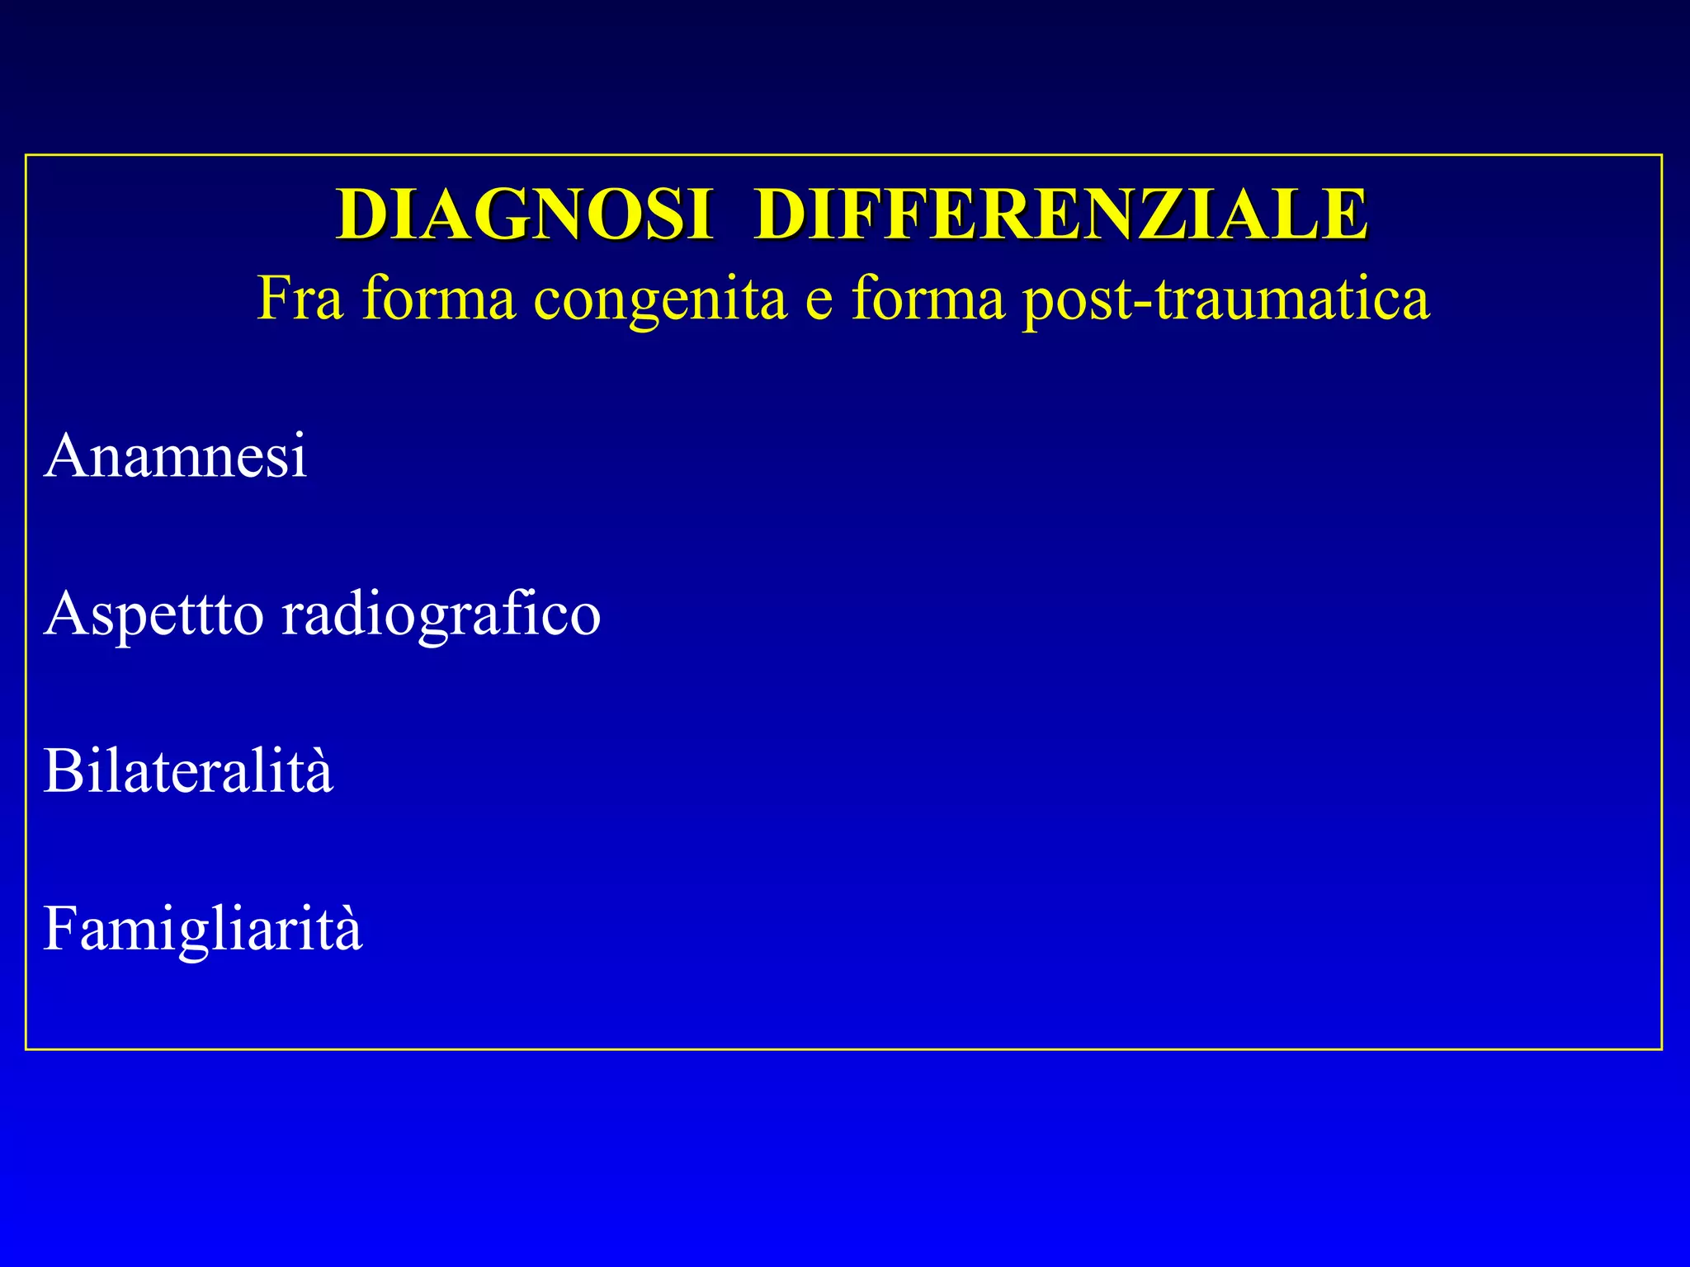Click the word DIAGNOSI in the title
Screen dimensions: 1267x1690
pyautogui.click(x=523, y=214)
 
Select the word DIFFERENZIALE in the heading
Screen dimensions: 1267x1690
pyautogui.click(x=1061, y=214)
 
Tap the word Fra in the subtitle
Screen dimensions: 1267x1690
pyautogui.click(x=299, y=298)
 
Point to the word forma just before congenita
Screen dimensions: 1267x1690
pyautogui.click(x=439, y=298)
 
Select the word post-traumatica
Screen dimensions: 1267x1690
pyautogui.click(x=1225, y=299)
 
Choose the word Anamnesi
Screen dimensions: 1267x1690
pyautogui.click(x=176, y=455)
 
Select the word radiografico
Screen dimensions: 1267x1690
pyautogui.click(x=441, y=615)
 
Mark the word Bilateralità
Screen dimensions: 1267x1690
pyautogui.click(x=188, y=771)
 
